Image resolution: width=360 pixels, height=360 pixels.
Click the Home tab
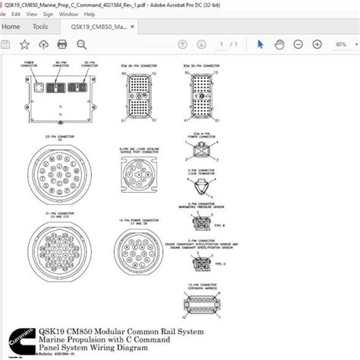click(x=11, y=27)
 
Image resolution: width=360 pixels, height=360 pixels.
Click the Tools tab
click(x=40, y=27)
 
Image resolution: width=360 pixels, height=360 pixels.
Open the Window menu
click(x=68, y=14)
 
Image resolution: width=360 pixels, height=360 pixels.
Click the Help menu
click(x=90, y=14)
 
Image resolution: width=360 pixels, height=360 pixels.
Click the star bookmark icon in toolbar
click(x=24, y=45)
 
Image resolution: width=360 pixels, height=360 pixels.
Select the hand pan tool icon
click(x=278, y=45)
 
